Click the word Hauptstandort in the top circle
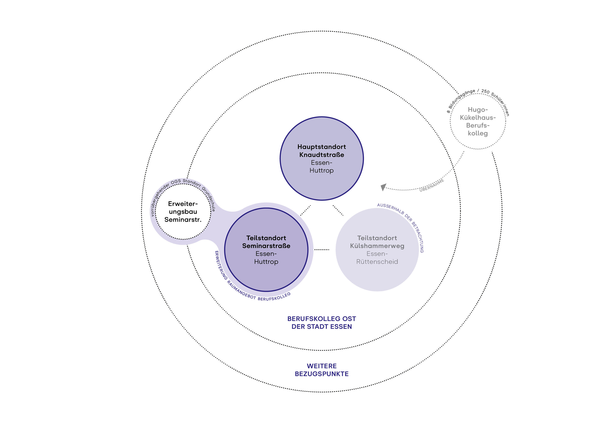pyautogui.click(x=322, y=147)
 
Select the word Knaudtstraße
pyautogui.click(x=322, y=155)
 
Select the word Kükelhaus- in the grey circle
pyautogui.click(x=478, y=117)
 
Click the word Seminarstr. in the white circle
pyautogui.click(x=183, y=220)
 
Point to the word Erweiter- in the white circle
pyautogui.click(x=183, y=204)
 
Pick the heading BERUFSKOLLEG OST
pyautogui.click(x=322, y=319)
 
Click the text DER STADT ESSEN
pyautogui.click(x=322, y=327)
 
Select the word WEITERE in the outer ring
pyautogui.click(x=322, y=366)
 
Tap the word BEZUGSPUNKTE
pyautogui.click(x=322, y=374)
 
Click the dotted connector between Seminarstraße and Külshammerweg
pyautogui.click(x=322, y=250)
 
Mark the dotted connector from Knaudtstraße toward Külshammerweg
pyautogui.click(x=338, y=210)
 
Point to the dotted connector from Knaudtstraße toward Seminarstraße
pyautogui.click(x=305, y=210)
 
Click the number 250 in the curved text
pyautogui.click(x=485, y=91)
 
